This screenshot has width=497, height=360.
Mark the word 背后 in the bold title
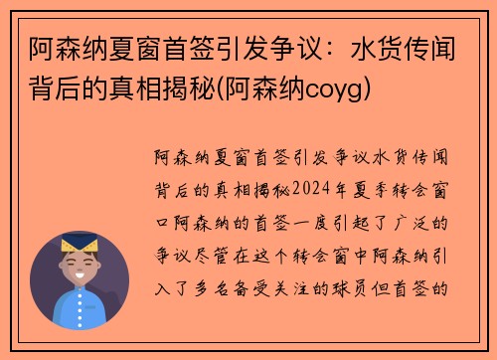(x=50, y=91)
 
